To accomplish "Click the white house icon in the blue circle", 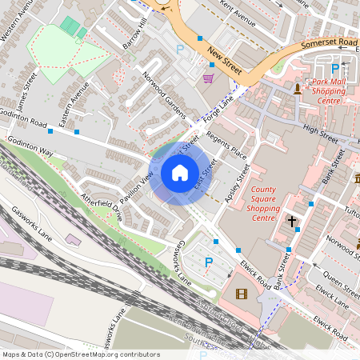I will pyautogui.click(x=179, y=173).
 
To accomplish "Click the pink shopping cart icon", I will pyautogui.click(x=209, y=78).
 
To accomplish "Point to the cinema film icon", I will pyautogui.click(x=242, y=294).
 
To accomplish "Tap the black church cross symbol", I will pyautogui.click(x=292, y=220).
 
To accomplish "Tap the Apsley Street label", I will pyautogui.click(x=238, y=183).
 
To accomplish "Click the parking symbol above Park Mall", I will pyautogui.click(x=334, y=69).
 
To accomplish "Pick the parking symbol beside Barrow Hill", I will pyautogui.click(x=179, y=50).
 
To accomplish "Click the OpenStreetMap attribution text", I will pyautogui.click(x=81, y=354).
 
